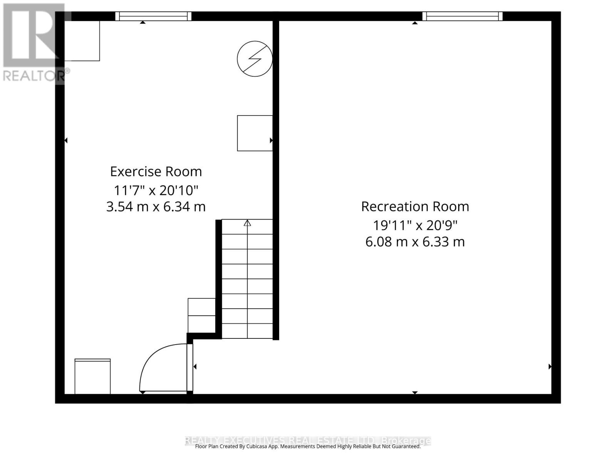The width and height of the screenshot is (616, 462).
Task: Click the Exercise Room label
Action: [x=156, y=171]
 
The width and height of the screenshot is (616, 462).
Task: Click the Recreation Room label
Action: [x=415, y=207]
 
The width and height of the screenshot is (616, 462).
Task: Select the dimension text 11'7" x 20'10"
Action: [x=156, y=190]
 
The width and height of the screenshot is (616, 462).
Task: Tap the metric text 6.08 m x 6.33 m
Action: [x=415, y=242]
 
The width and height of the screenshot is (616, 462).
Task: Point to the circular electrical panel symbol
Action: [x=254, y=59]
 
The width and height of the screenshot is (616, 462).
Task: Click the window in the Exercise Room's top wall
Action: [x=153, y=16]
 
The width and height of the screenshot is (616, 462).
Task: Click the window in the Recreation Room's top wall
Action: [x=462, y=16]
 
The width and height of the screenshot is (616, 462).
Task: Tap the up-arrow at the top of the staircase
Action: [x=247, y=223]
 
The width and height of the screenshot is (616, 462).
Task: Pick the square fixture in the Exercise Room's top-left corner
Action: [x=82, y=41]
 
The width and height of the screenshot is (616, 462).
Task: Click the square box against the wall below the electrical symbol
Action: [x=254, y=133]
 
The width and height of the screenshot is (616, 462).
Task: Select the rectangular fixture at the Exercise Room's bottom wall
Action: [x=92, y=377]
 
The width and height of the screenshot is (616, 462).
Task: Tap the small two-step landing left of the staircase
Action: [x=201, y=315]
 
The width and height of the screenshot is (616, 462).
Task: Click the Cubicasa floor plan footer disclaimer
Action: [x=308, y=447]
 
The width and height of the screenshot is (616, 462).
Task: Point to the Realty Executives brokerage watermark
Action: [x=308, y=440]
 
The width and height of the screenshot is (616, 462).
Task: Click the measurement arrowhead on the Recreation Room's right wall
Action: [x=550, y=367]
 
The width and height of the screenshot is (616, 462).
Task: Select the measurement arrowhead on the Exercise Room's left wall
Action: [x=66, y=141]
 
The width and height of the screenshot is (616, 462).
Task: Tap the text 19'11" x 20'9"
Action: [x=415, y=225]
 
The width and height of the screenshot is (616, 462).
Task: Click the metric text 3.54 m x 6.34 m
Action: [x=156, y=207]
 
